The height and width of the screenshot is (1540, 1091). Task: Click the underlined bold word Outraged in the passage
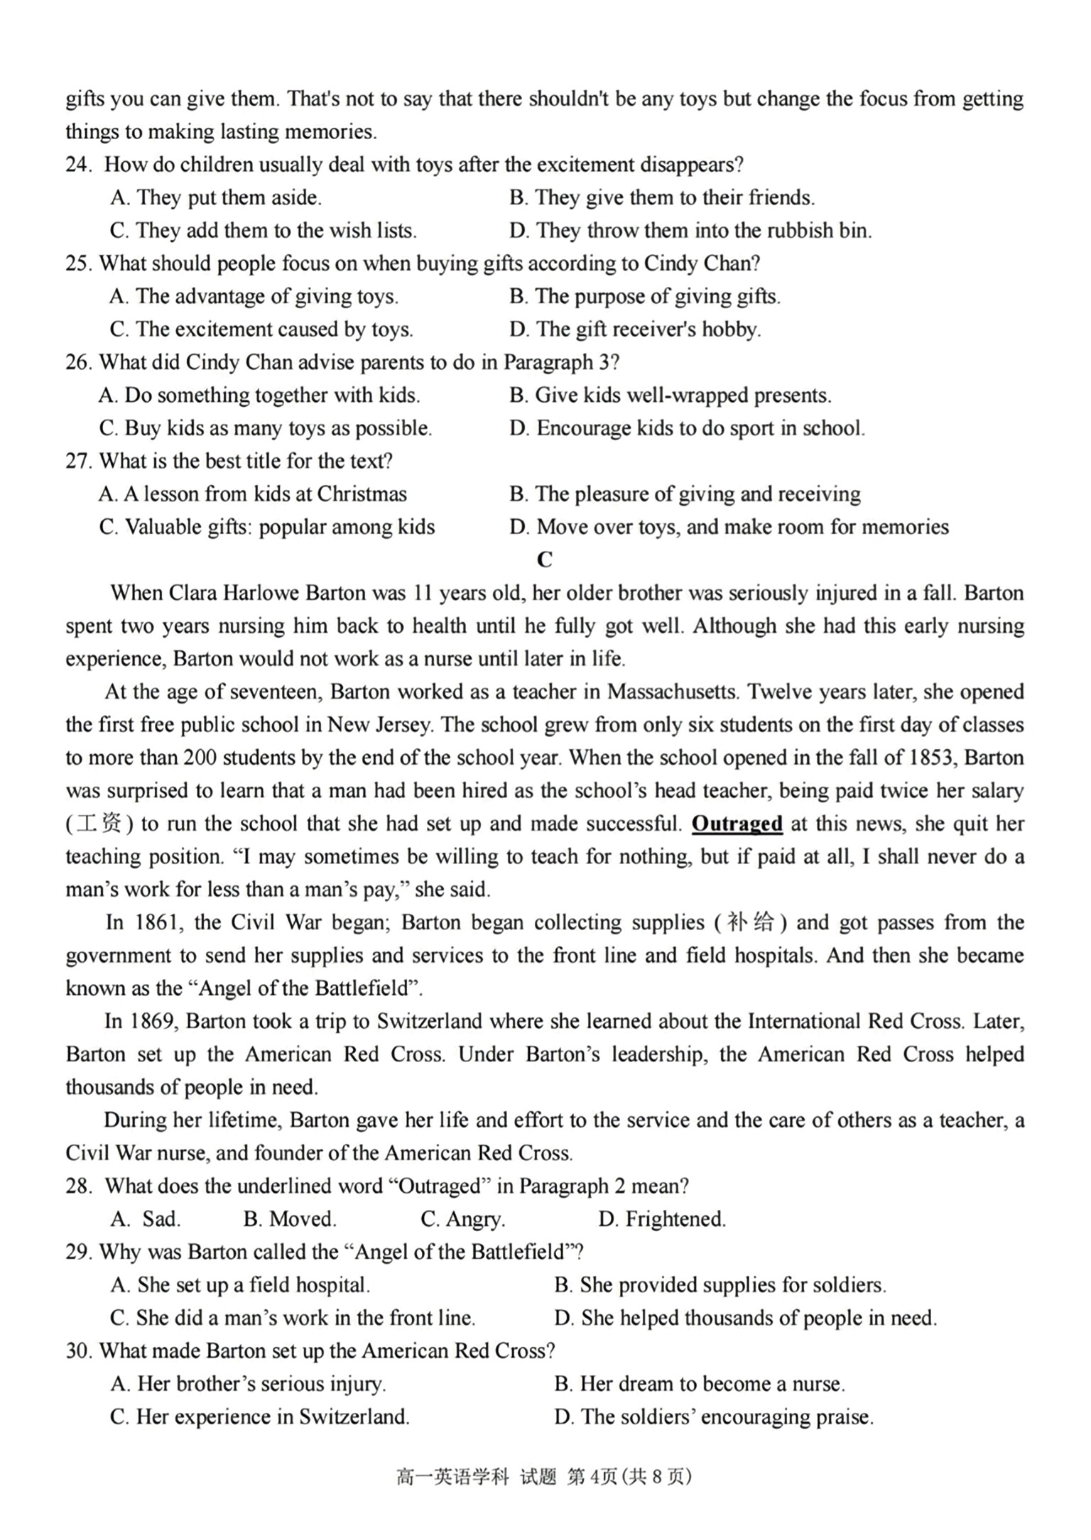(x=737, y=824)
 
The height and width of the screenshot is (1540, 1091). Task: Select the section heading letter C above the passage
(x=544, y=559)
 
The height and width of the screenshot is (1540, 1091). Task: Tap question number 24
(x=79, y=165)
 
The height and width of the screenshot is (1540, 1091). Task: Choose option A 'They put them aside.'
(x=216, y=197)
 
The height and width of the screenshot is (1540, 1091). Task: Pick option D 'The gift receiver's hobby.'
(x=634, y=329)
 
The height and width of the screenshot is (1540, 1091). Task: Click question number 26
(x=79, y=362)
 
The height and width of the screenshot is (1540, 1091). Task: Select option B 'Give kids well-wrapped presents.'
(x=670, y=395)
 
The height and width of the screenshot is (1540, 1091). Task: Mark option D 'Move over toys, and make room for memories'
(x=729, y=527)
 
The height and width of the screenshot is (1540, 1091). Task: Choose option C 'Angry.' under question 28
(x=462, y=1219)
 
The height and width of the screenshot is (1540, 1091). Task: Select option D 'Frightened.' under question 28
(x=662, y=1219)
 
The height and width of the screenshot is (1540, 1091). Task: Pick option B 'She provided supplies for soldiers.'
(x=720, y=1285)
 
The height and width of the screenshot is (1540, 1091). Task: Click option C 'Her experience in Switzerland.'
(x=260, y=1416)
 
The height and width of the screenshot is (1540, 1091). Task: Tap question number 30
(x=79, y=1350)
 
